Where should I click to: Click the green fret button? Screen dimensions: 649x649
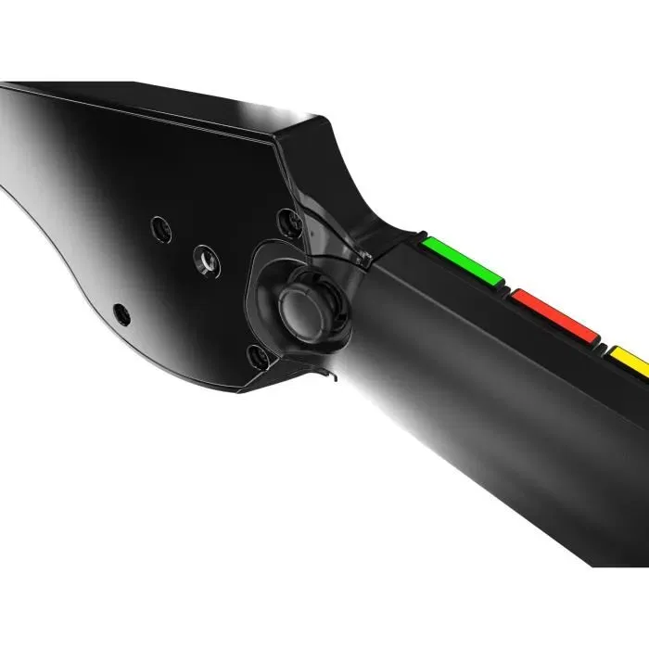462,261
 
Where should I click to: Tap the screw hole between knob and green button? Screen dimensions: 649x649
289,222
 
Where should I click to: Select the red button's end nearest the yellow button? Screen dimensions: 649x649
593,337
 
